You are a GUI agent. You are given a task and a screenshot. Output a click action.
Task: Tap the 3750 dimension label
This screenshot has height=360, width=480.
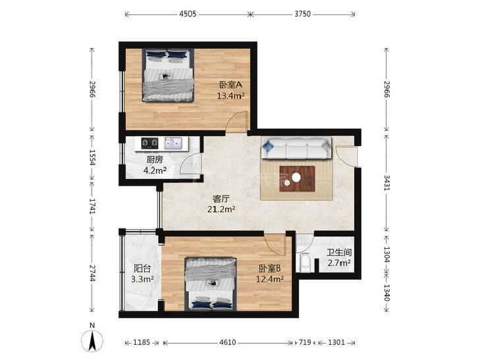[x=302, y=14]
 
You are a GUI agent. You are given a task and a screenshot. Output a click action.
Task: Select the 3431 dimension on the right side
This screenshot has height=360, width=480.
[x=387, y=182]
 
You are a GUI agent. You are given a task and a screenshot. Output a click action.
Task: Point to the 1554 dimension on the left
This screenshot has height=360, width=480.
[x=92, y=157]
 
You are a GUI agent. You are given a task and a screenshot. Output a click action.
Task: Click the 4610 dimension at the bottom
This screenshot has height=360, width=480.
[x=228, y=342]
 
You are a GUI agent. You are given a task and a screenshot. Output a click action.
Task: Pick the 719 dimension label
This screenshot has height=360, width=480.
[x=305, y=342]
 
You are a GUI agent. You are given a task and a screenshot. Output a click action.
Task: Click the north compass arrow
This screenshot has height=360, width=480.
[x=92, y=341]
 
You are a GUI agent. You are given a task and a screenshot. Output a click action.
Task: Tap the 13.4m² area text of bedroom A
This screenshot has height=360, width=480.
[x=230, y=95]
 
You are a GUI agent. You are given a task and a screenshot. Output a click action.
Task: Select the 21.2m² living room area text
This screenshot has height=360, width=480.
[x=221, y=209]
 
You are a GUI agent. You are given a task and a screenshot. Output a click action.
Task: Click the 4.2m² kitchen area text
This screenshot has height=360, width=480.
[x=155, y=170]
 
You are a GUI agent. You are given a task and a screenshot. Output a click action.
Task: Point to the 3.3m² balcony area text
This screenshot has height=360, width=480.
[x=142, y=279]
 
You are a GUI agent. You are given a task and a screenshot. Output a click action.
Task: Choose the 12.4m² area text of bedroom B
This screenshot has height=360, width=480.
[x=270, y=279]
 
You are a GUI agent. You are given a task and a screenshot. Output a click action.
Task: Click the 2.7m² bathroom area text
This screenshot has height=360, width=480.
[x=339, y=263]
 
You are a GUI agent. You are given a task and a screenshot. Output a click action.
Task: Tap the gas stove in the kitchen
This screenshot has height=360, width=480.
[x=149, y=143]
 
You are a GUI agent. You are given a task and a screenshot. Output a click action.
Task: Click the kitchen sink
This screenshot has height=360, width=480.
[x=173, y=143]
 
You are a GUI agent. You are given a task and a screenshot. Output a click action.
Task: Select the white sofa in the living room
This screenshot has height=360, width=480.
[x=296, y=148]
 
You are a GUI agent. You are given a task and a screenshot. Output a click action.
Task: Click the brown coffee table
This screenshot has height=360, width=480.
[x=297, y=178]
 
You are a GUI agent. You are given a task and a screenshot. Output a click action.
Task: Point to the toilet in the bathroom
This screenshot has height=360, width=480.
[x=306, y=262]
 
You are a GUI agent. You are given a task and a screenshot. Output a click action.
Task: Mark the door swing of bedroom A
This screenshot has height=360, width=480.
[x=236, y=122]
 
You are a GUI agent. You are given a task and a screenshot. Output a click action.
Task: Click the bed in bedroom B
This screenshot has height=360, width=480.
[x=211, y=284]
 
